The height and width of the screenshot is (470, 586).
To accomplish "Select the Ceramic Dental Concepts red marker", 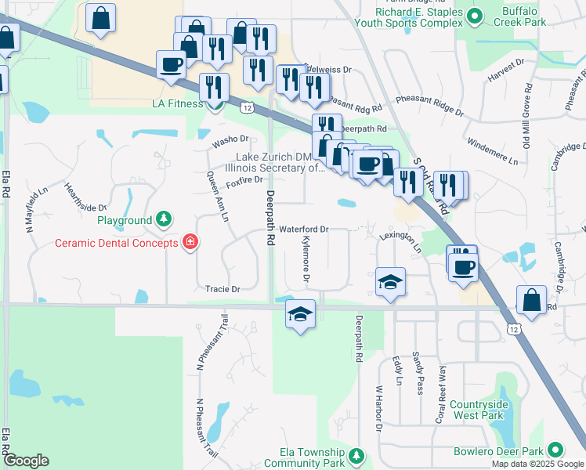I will (x=190, y=242).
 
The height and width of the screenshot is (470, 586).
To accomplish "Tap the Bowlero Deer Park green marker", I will (x=555, y=450).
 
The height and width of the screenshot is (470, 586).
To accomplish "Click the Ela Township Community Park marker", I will (x=356, y=455).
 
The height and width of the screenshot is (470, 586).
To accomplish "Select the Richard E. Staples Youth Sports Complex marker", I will (x=474, y=15).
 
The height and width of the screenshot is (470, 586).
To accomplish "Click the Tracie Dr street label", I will (x=222, y=289).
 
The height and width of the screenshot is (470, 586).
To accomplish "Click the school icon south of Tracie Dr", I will (x=300, y=314).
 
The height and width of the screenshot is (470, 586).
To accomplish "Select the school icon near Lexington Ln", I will (x=390, y=282).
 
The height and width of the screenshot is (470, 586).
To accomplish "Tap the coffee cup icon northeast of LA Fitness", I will (x=170, y=64).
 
